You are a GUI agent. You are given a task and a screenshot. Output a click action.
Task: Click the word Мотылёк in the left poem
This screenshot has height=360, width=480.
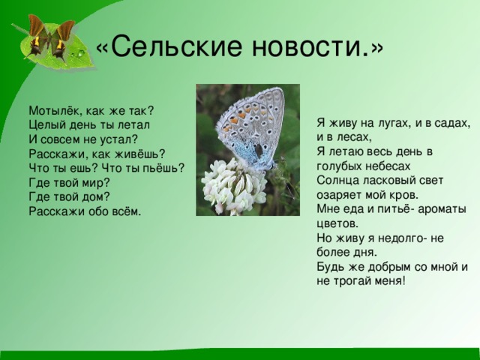54,109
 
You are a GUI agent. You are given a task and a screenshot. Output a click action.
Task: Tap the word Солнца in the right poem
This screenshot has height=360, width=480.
338,180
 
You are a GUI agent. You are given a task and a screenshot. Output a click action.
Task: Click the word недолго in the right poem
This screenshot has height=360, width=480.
398,237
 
